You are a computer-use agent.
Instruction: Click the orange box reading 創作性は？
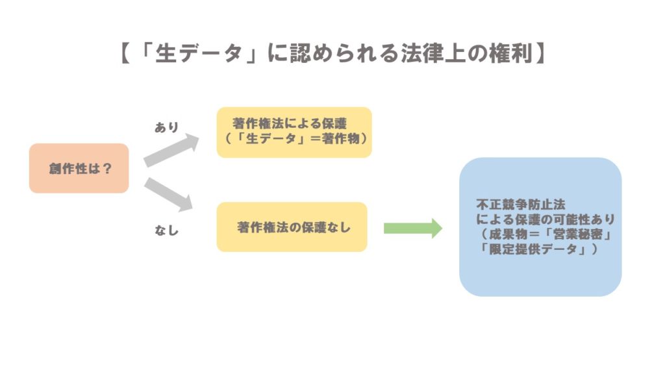[79, 168]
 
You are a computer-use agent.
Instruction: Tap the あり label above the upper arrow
[166, 127]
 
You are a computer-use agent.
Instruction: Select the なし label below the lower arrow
[166, 229]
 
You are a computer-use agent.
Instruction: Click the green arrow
[412, 228]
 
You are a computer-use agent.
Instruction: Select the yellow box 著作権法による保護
[294, 132]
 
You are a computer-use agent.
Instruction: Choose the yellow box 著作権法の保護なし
[292, 227]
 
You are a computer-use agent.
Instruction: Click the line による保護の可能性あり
[545, 219]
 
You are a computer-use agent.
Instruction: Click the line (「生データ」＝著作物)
[294, 139]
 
